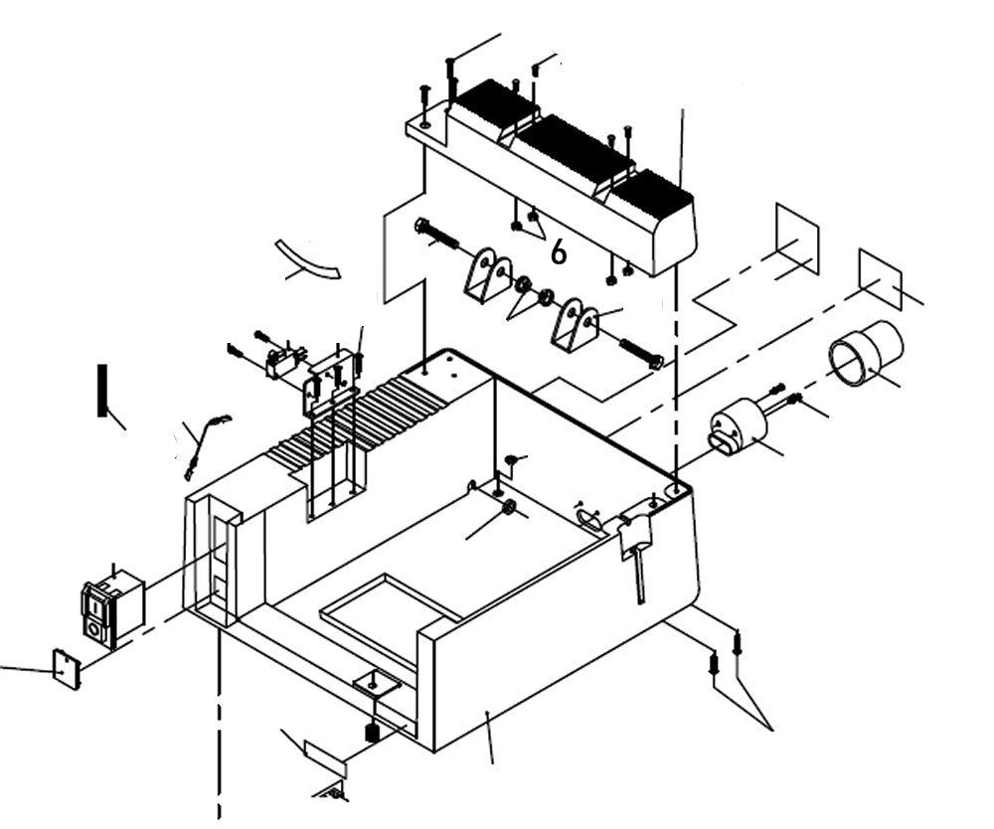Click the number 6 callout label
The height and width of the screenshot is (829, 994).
tap(559, 253)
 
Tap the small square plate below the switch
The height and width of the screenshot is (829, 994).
tap(67, 669)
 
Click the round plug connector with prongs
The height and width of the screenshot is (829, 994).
tap(737, 428)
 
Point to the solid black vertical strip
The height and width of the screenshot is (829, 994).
tap(101, 391)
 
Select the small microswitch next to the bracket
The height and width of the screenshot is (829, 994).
tap(283, 363)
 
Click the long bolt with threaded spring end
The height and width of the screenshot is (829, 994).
tap(437, 236)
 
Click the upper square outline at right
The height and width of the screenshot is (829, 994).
tap(797, 239)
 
